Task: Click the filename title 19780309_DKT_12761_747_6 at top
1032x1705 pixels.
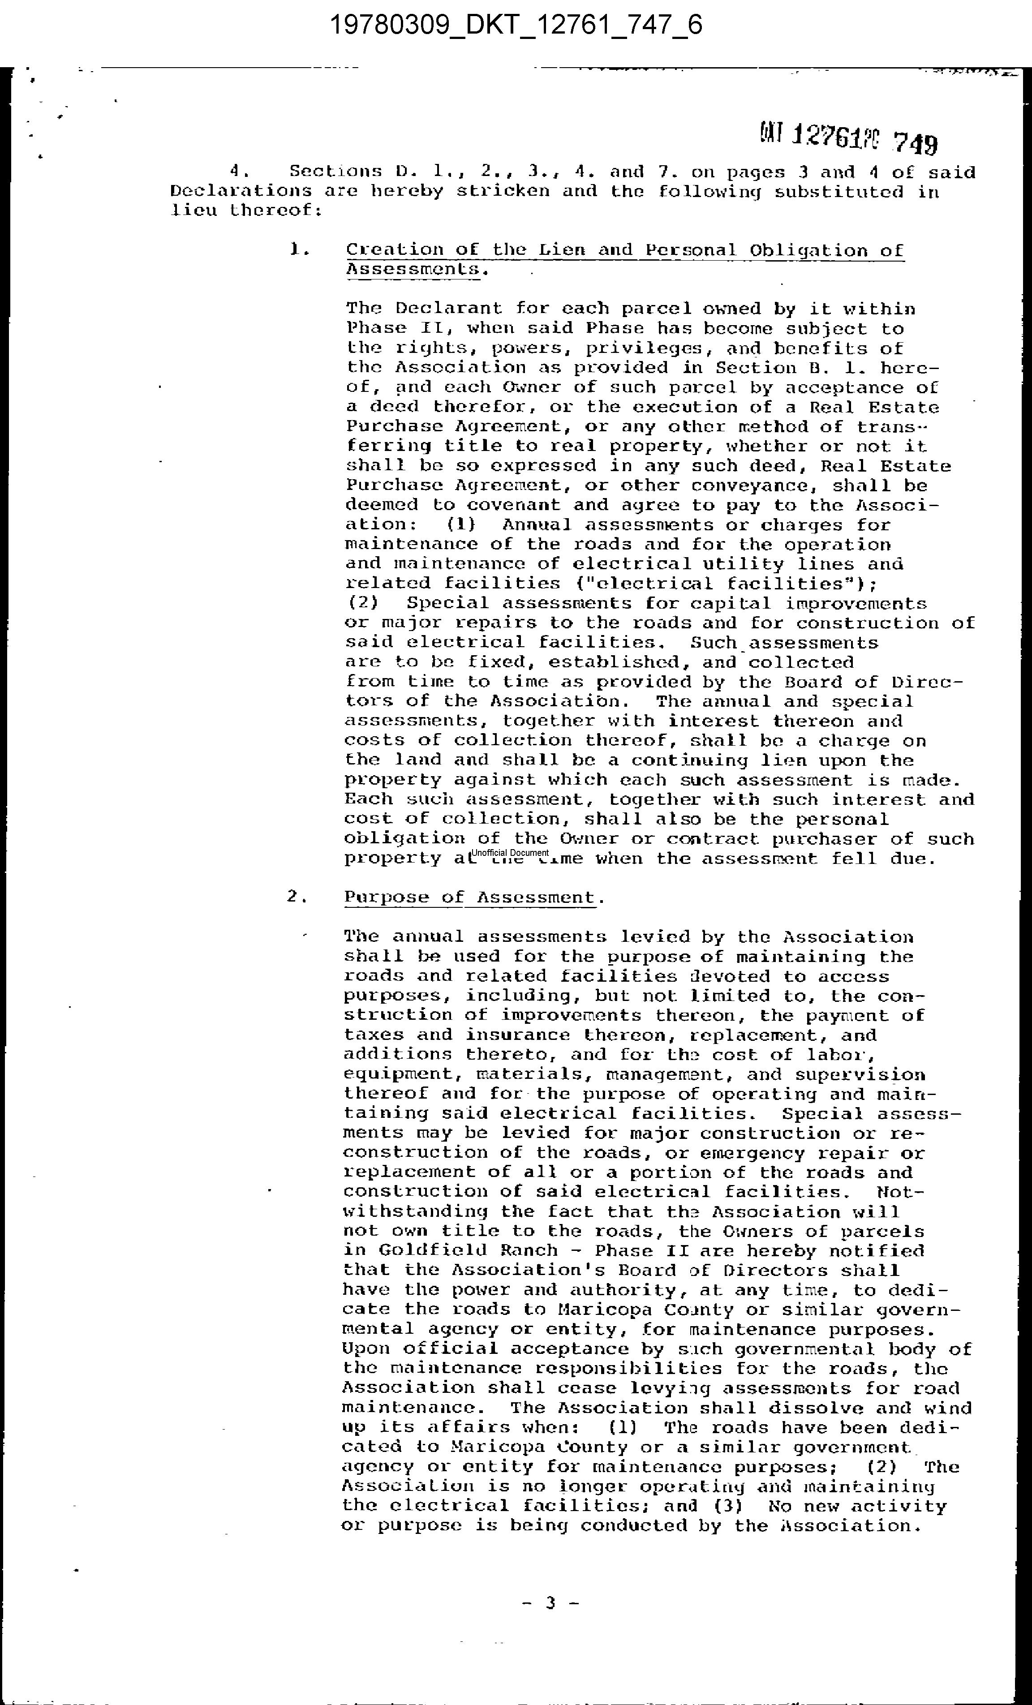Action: pos(516,26)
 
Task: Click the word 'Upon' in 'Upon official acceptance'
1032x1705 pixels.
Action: pos(366,1349)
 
